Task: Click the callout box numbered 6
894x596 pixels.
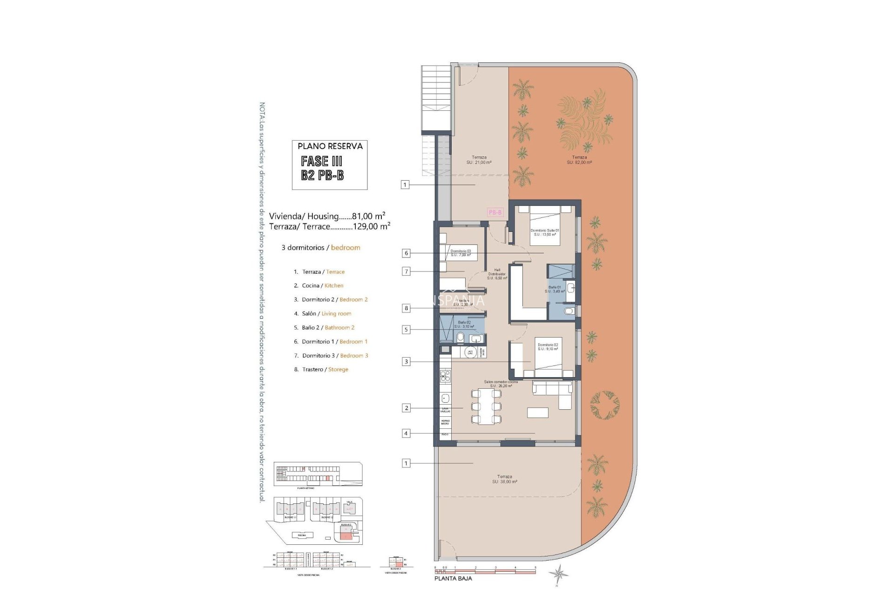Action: coord(406,253)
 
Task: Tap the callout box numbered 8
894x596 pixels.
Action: coord(406,308)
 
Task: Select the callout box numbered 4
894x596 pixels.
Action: coord(406,433)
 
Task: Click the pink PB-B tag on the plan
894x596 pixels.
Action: coord(495,212)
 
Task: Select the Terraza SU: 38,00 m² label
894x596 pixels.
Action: coord(504,479)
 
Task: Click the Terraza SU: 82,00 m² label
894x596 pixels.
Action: coord(579,160)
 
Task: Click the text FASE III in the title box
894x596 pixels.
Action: coord(321,162)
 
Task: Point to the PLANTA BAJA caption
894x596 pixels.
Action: coord(453,578)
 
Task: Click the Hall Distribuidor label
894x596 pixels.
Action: coord(497,274)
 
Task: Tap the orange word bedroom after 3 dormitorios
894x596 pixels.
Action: coord(345,248)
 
